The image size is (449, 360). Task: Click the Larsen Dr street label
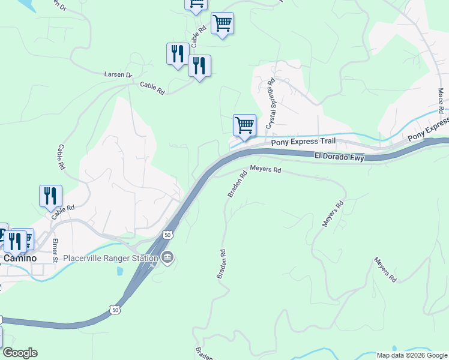(x=117, y=75)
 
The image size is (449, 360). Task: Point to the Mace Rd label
(x=441, y=98)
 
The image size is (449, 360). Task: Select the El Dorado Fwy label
(x=339, y=155)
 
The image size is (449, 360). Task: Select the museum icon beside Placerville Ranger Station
(x=169, y=258)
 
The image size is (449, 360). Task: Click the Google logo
(x=20, y=353)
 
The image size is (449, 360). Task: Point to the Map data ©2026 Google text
(x=411, y=355)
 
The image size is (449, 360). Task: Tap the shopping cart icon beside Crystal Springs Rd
(x=244, y=125)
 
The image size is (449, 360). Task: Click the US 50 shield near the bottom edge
(x=114, y=310)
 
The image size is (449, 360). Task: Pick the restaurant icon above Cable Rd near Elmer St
(x=50, y=195)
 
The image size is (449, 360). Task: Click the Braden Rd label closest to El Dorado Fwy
(x=237, y=185)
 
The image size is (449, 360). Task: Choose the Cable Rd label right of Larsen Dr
(x=152, y=88)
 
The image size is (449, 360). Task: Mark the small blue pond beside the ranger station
(x=119, y=271)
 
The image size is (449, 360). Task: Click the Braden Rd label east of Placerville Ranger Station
(x=220, y=263)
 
